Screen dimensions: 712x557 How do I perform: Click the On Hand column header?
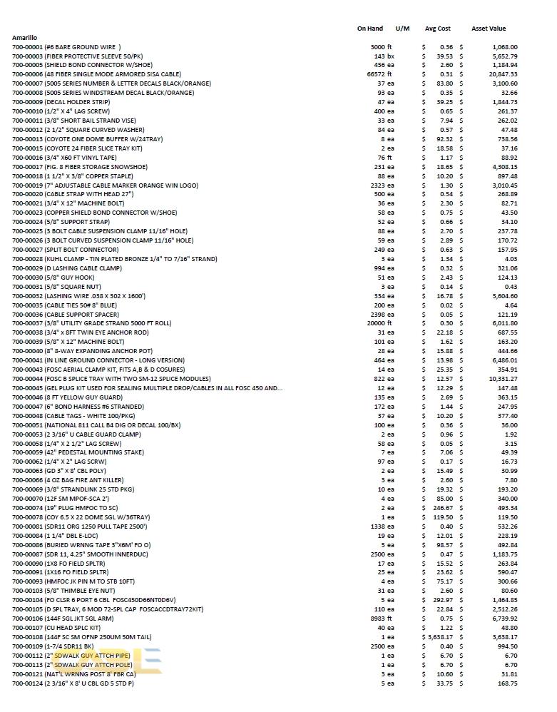369,29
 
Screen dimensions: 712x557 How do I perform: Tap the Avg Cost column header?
437,29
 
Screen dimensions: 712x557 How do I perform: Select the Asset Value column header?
489,29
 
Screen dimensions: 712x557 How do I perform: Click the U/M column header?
402,29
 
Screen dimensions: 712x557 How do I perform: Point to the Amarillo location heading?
25,38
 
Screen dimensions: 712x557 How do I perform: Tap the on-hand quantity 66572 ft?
380,74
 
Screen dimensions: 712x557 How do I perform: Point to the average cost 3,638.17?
440,637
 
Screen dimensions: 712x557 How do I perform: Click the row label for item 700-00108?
93,637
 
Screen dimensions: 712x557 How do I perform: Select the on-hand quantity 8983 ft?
382,619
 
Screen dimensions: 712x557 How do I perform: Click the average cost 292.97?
444,600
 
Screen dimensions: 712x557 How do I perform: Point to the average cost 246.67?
444,508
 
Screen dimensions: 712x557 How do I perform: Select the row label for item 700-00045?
147,388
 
